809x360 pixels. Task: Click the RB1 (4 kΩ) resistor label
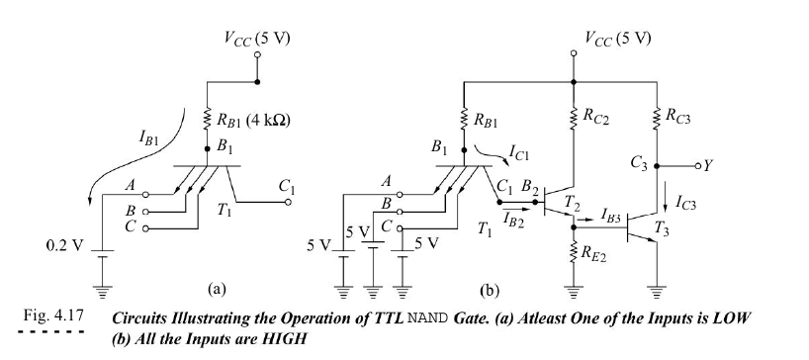pyautogui.click(x=252, y=123)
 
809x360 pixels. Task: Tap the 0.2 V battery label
pyautogui.click(x=64, y=245)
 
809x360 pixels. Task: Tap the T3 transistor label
pyautogui.click(x=662, y=227)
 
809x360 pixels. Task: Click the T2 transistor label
pyautogui.click(x=572, y=204)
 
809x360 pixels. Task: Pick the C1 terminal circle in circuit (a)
pyautogui.click(x=288, y=202)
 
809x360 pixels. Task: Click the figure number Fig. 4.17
pyautogui.click(x=53, y=315)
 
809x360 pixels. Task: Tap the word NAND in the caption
pyautogui.click(x=429, y=317)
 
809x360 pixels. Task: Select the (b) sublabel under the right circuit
pyautogui.click(x=490, y=292)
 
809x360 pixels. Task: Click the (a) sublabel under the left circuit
pyautogui.click(x=217, y=290)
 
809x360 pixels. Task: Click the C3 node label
pyautogui.click(x=638, y=164)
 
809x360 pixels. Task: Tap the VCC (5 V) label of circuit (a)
pyautogui.click(x=257, y=40)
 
